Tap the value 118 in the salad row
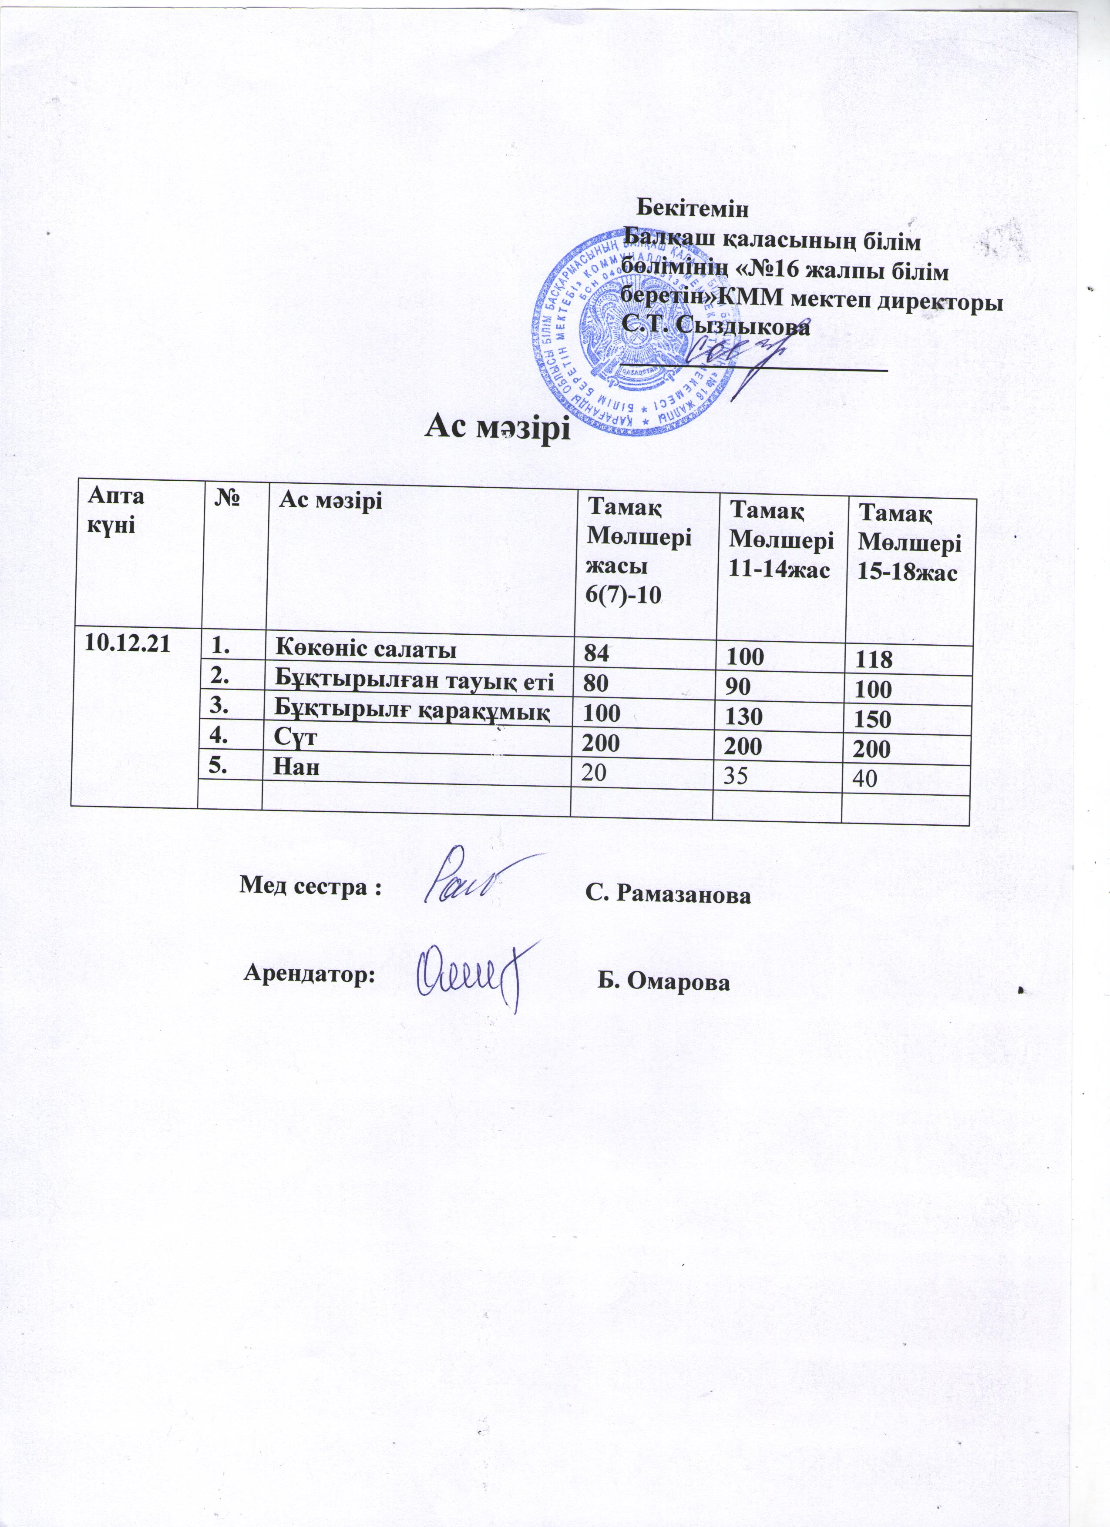[874, 660]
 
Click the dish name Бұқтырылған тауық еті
[416, 681]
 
